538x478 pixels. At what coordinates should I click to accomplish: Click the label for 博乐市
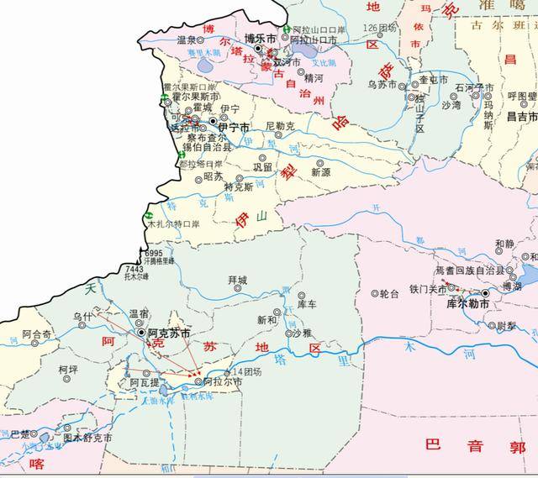click(261, 38)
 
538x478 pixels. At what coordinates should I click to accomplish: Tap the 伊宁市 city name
click(233, 128)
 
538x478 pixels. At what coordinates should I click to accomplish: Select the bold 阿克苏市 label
click(168, 333)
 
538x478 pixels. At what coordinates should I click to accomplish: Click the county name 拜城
click(238, 279)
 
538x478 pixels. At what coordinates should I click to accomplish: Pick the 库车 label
click(306, 304)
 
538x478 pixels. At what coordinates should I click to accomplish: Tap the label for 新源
click(320, 171)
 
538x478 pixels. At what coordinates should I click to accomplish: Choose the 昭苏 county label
click(214, 176)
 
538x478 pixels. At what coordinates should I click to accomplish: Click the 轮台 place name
click(389, 294)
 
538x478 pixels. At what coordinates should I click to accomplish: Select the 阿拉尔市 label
click(223, 382)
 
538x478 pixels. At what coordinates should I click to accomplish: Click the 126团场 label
click(379, 28)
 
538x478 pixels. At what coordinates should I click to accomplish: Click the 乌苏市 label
click(382, 85)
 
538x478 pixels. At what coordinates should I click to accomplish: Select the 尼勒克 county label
click(280, 126)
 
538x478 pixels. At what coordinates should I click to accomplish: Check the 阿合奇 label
click(37, 334)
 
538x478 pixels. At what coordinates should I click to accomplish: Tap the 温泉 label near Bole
click(187, 39)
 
